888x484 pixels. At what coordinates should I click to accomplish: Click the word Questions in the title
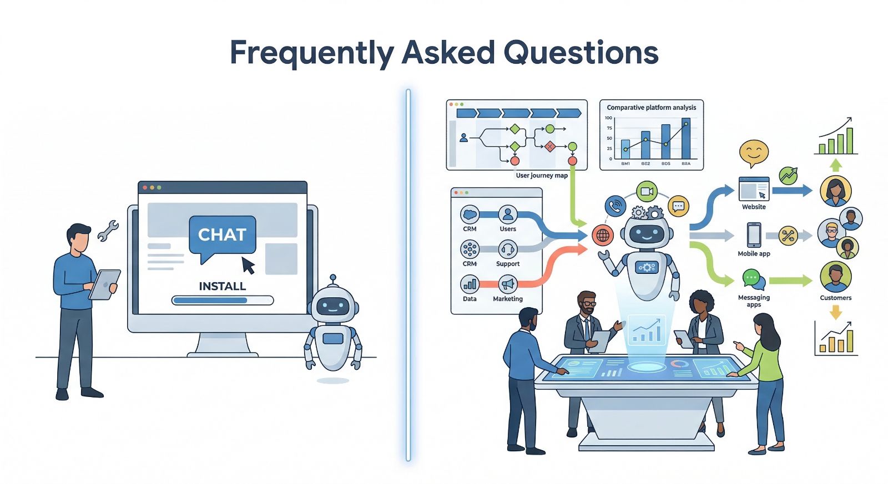click(x=581, y=53)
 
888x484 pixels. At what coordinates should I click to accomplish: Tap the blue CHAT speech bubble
click(x=222, y=236)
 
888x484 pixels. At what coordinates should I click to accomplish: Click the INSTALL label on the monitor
click(x=222, y=286)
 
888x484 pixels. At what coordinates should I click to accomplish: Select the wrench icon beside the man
click(x=108, y=230)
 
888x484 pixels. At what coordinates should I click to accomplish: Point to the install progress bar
click(x=222, y=300)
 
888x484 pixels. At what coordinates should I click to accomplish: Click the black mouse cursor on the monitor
click(x=248, y=265)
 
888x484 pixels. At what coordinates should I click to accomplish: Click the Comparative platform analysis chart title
click(x=651, y=108)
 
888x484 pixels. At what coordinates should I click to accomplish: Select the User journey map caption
click(x=542, y=176)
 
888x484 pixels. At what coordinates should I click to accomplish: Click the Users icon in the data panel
click(x=508, y=214)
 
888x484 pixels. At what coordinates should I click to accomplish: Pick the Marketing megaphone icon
click(x=508, y=284)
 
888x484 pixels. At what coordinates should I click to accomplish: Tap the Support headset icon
click(x=508, y=249)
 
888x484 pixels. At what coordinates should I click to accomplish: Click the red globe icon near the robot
click(x=602, y=235)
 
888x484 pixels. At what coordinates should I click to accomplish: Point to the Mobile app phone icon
click(x=754, y=235)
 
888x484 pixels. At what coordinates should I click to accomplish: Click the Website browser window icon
click(x=754, y=189)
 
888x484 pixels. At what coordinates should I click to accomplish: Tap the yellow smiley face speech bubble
click(x=754, y=152)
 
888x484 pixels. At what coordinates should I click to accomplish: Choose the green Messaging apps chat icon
click(x=753, y=278)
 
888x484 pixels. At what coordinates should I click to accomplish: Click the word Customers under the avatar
click(x=835, y=298)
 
